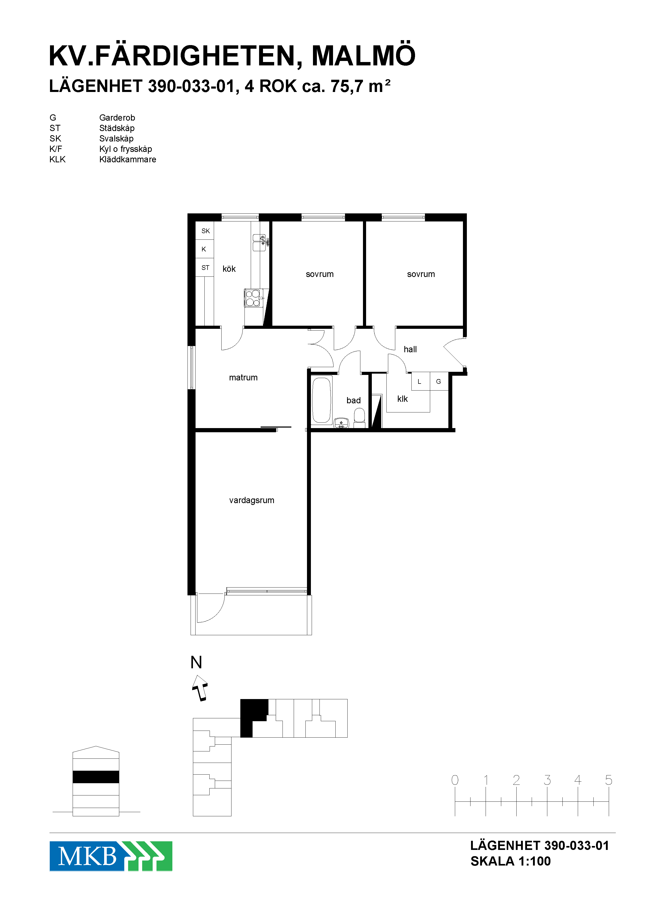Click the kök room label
229,269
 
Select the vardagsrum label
252,501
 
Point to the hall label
410,349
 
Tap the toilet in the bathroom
359,418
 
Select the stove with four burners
253,298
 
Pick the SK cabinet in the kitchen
205,231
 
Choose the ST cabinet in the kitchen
205,268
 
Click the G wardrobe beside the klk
439,381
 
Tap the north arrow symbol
200,688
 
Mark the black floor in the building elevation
96,777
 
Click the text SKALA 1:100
510,861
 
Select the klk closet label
403,399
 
